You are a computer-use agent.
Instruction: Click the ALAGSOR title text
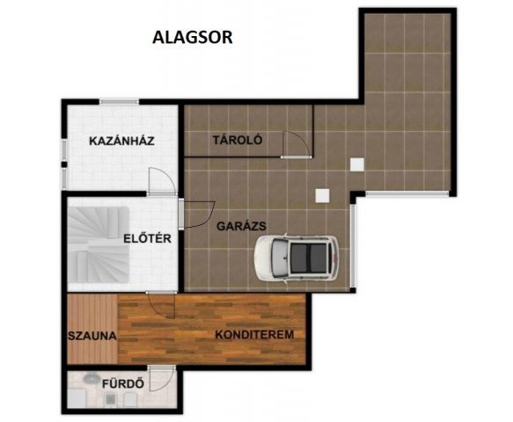(x=193, y=37)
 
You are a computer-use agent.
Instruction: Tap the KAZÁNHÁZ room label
(x=121, y=142)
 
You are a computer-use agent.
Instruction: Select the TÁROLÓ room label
(x=238, y=141)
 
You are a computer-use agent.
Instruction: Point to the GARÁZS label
(x=241, y=226)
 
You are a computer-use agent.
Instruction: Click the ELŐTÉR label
(x=147, y=238)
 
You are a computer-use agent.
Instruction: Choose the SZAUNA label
(x=92, y=336)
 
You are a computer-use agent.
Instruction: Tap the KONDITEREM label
(x=254, y=335)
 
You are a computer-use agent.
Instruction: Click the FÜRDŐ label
(x=123, y=383)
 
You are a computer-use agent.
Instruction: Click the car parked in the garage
(x=297, y=258)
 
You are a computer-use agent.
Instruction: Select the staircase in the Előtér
(x=99, y=244)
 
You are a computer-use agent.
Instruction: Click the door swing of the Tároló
(x=296, y=145)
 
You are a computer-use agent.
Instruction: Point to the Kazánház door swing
(x=161, y=181)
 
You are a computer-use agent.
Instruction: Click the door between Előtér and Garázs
(x=197, y=214)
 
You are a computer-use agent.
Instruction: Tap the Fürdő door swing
(x=162, y=379)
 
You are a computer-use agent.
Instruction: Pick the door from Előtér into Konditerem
(x=161, y=306)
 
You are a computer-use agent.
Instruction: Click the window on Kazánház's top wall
(x=119, y=102)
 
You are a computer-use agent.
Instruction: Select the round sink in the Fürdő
(x=92, y=379)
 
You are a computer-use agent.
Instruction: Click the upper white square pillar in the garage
(x=357, y=164)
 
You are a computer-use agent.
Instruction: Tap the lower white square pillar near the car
(x=322, y=196)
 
